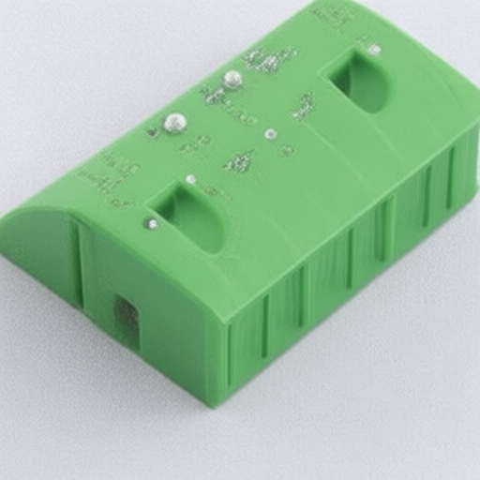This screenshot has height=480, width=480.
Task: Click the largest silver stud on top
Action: point(175,122)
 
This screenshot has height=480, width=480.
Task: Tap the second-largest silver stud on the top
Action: point(232,80)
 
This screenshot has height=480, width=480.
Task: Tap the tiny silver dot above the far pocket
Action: point(374,49)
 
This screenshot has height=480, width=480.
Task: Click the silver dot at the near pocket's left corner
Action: point(151,224)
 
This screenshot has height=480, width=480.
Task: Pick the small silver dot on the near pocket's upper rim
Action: point(191,178)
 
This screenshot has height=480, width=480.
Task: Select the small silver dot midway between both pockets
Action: point(271,134)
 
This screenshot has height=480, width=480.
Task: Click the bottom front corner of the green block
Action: point(217,403)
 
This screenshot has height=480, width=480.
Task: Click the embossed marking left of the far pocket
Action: point(304,105)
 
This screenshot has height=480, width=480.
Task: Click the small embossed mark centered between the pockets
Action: point(239,162)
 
